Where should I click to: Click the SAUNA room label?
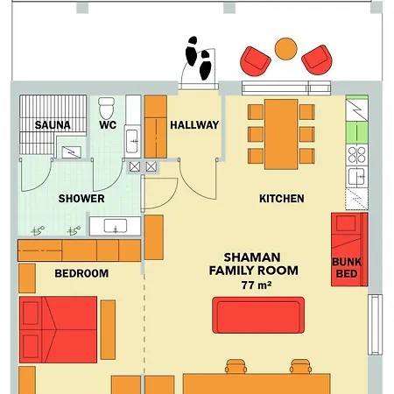(53, 125)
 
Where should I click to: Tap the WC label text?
(108, 125)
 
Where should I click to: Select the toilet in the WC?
(106, 109)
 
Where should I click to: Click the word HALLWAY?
(194, 125)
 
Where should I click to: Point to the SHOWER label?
(81, 199)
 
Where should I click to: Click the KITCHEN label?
(282, 199)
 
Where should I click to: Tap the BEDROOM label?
(81, 273)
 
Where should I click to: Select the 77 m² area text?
(257, 285)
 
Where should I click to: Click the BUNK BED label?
(347, 268)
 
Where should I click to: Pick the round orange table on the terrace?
(286, 49)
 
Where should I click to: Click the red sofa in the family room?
(258, 315)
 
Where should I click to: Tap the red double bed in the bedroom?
(58, 330)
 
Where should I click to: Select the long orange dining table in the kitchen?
(281, 134)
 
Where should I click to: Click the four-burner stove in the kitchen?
(356, 154)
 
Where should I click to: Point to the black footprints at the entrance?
(198, 59)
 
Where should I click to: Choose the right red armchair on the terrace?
(317, 60)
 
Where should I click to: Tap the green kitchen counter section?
(356, 132)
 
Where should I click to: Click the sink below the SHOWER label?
(116, 226)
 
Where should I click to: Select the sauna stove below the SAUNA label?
(72, 152)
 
